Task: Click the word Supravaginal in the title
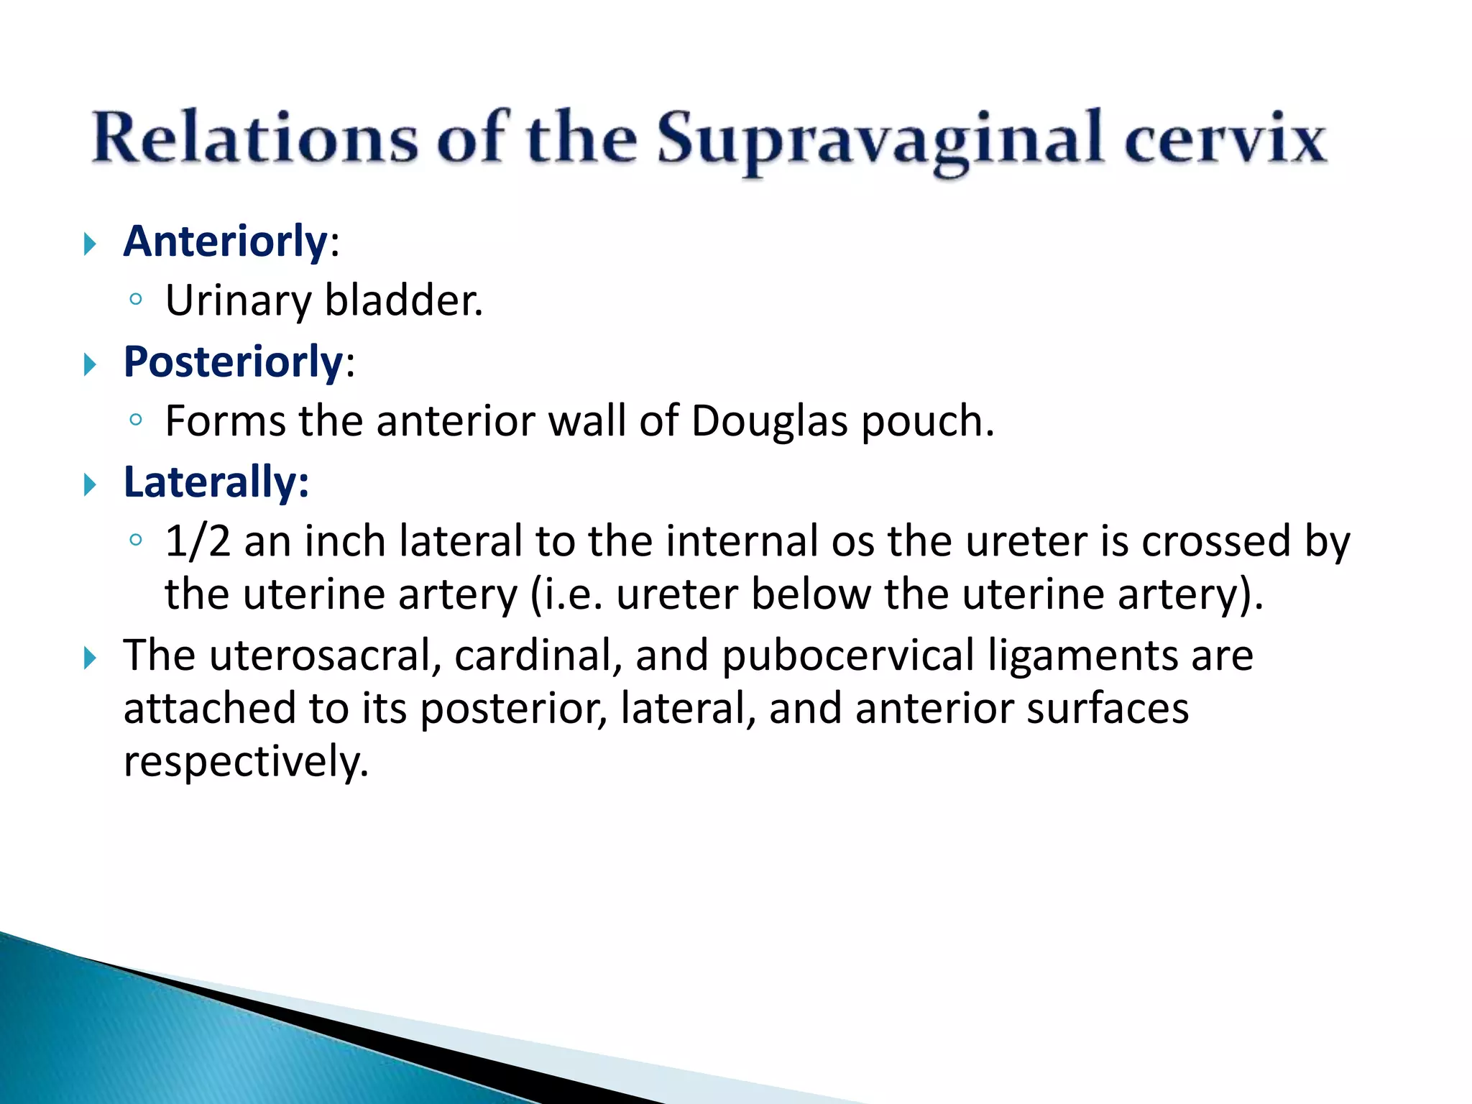879,139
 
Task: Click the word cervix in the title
1225,139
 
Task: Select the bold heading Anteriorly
226,241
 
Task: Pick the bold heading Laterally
216,482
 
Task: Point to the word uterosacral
325,655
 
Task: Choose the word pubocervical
848,657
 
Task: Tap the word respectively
245,763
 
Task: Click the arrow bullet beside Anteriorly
90,244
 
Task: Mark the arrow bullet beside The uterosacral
90,658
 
